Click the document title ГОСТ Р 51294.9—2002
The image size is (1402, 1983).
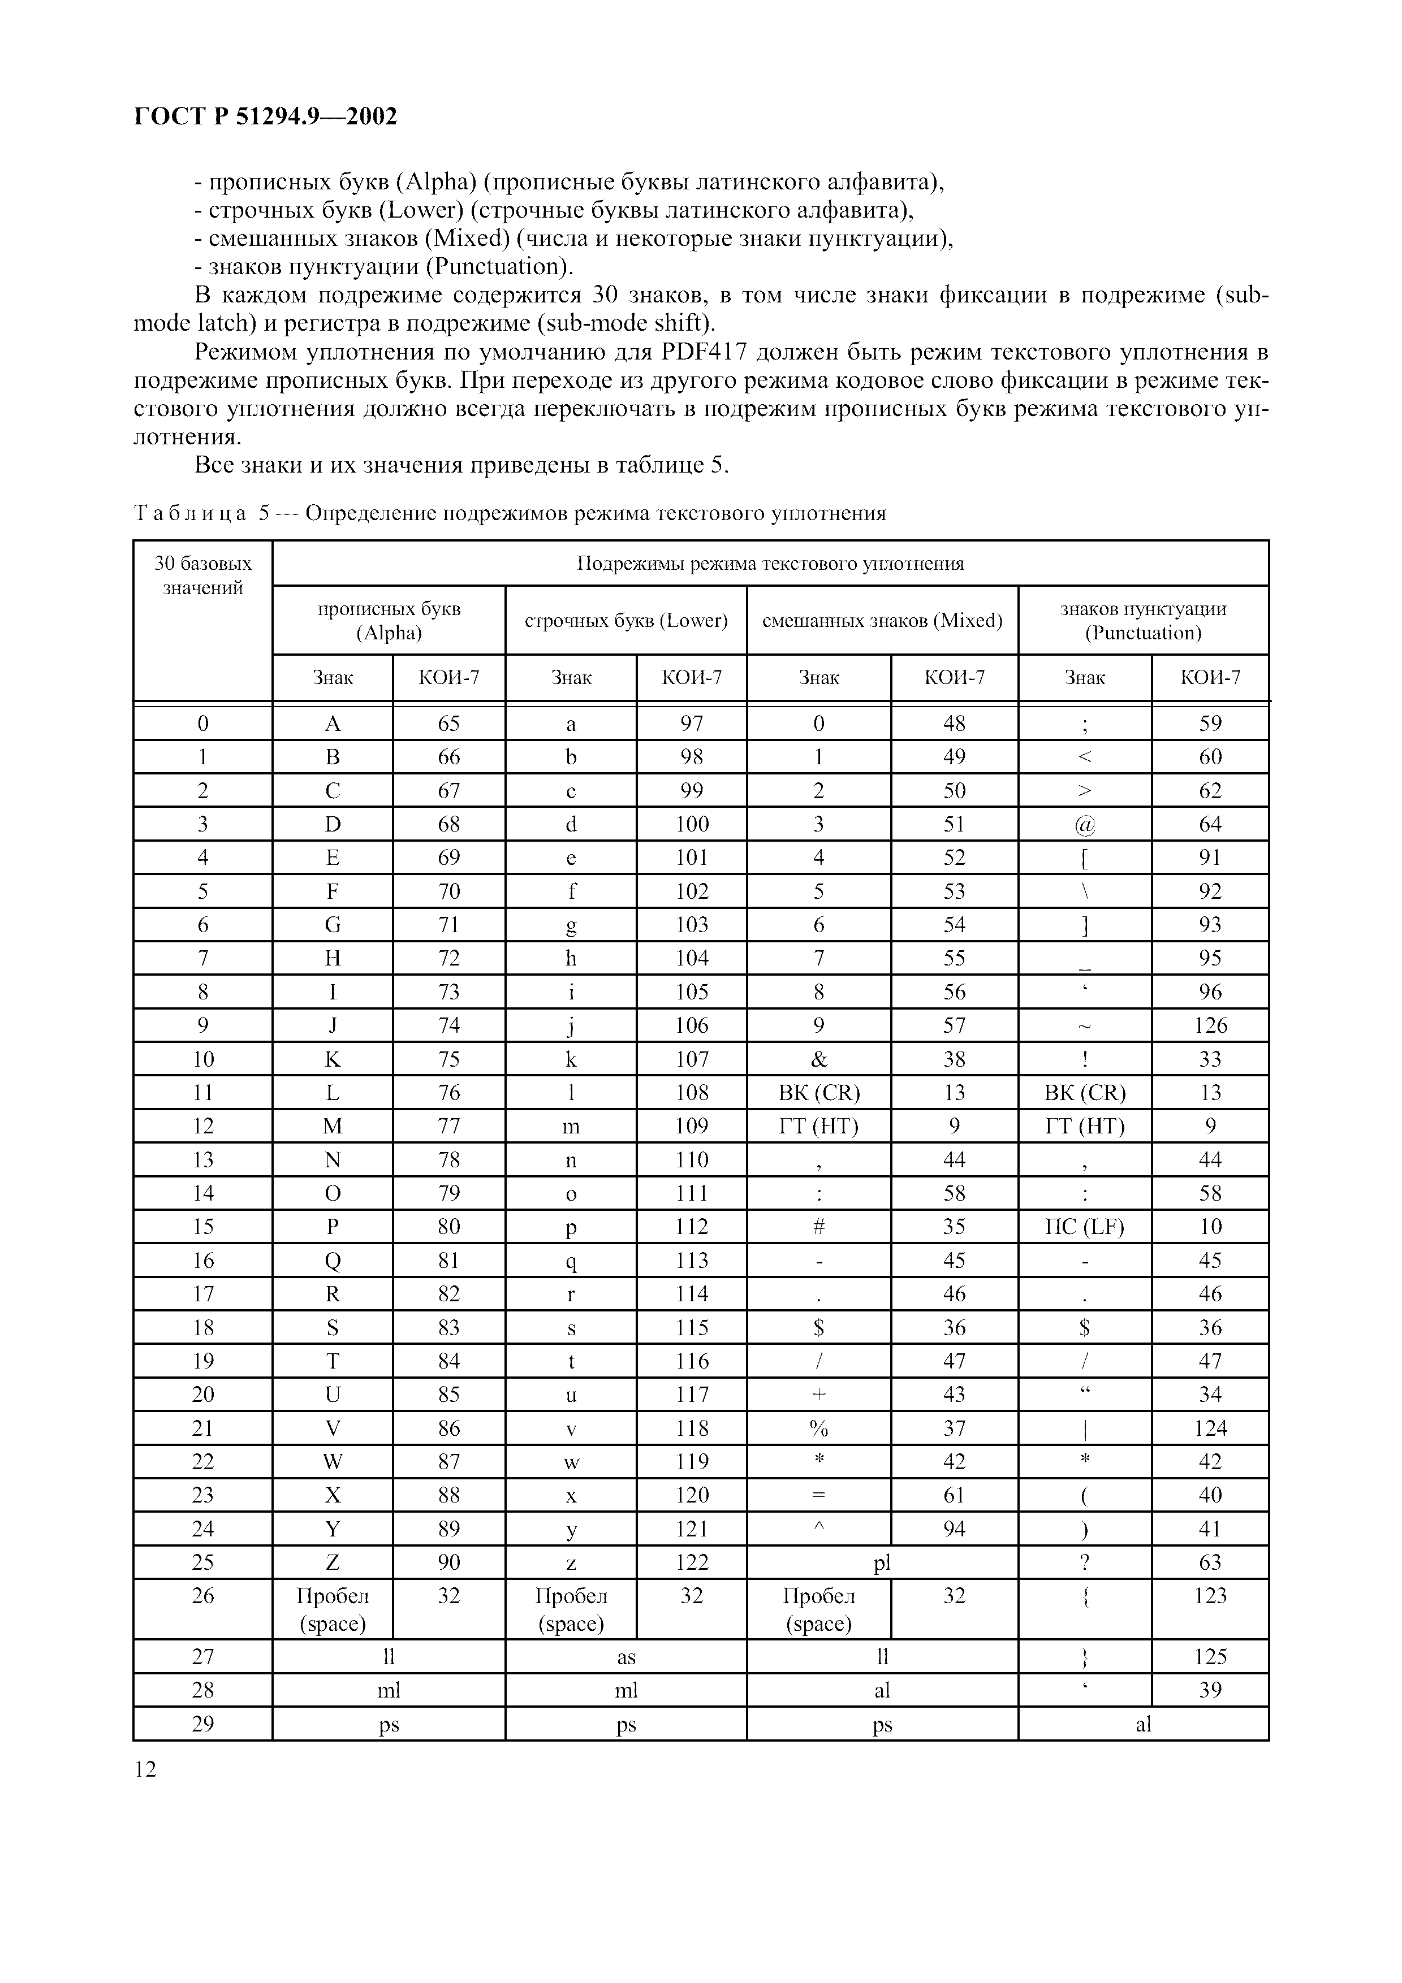[266, 116]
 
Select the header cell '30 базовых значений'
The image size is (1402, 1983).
[203, 576]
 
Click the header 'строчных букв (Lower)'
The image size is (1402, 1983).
[626, 620]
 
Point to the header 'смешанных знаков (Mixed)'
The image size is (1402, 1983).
[882, 620]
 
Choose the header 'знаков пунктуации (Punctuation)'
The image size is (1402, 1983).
[1143, 620]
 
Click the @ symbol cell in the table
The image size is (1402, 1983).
[1085, 824]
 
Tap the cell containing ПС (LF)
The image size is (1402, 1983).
[1085, 1227]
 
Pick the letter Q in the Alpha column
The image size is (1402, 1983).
[333, 1260]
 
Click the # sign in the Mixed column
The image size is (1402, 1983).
[819, 1227]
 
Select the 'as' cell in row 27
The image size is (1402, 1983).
[626, 1656]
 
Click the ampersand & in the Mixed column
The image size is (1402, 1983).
[819, 1059]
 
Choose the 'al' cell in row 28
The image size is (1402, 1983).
[882, 1690]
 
